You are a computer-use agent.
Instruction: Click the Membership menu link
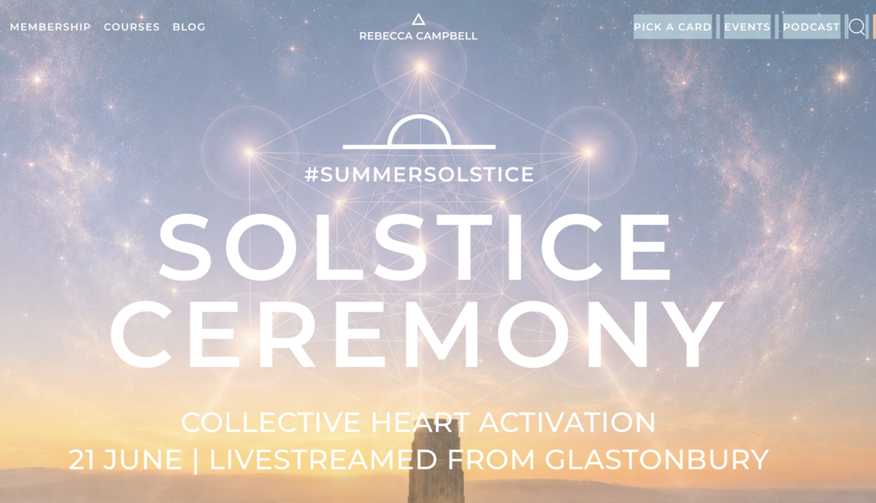[50, 27]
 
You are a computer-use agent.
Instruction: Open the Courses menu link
[132, 27]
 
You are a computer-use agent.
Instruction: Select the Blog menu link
[189, 27]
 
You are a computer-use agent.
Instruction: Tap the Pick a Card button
[672, 26]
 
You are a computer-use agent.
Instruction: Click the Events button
[748, 26]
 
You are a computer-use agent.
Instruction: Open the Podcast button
[812, 26]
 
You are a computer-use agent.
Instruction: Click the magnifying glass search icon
[856, 27]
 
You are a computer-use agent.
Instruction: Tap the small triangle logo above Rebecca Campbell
[418, 19]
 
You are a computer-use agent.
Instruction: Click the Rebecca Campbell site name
[418, 36]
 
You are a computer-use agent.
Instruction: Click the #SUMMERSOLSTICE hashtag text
[419, 174]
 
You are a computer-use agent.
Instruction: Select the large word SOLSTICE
[415, 247]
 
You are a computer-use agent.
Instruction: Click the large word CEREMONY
[417, 334]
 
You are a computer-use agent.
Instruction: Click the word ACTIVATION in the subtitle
[567, 423]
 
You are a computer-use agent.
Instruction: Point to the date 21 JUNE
[126, 460]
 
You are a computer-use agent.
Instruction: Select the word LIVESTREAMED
[323, 460]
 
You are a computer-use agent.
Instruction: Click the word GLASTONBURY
[657, 460]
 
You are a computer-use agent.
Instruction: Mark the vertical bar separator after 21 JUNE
[196, 461]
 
